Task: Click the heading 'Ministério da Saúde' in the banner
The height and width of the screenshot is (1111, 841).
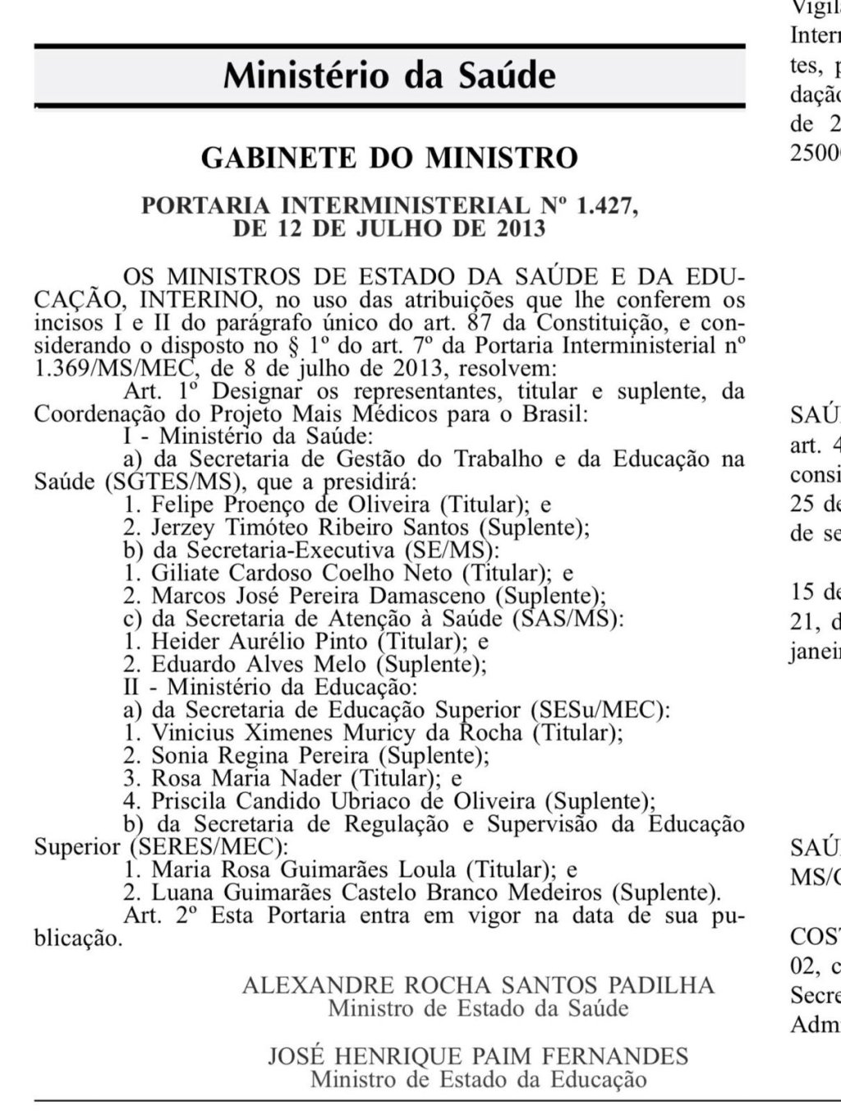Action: pos(389,76)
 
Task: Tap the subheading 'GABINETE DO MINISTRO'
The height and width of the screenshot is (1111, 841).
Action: pos(389,157)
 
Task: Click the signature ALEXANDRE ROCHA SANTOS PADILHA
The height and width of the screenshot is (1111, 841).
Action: pos(478,985)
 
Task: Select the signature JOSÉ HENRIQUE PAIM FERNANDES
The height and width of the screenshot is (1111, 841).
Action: pos(478,1057)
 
